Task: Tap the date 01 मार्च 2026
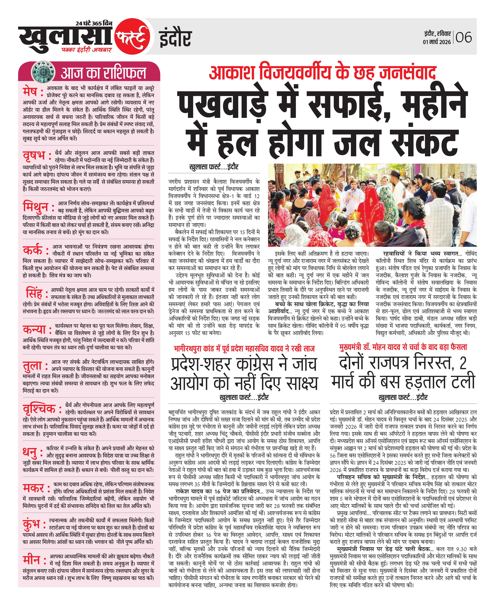click(437, 42)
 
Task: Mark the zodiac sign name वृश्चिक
click(39, 409)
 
